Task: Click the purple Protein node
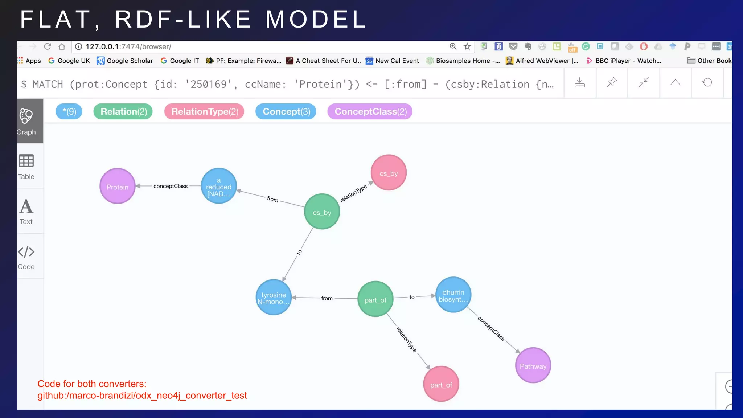(117, 186)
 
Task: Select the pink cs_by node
(389, 173)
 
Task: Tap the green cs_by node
(322, 212)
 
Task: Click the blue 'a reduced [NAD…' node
(219, 186)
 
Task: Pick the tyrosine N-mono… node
(274, 298)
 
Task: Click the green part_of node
(375, 299)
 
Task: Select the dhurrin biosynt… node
(453, 295)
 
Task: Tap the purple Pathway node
(533, 365)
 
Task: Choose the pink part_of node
(441, 384)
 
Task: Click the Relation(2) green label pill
(123, 111)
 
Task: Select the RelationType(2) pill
(205, 111)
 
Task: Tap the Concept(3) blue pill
(286, 111)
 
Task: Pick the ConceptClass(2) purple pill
(370, 111)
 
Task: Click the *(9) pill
(69, 111)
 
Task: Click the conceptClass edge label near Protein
(171, 186)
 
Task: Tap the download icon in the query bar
(580, 83)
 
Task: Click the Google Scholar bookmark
(125, 61)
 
